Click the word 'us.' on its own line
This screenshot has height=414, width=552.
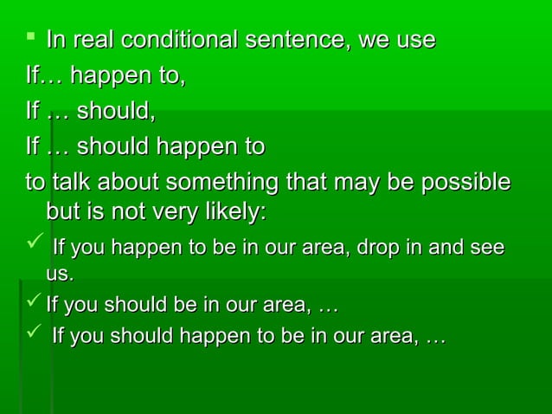pyautogui.click(x=60, y=275)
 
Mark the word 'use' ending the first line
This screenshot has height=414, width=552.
pyautogui.click(x=414, y=41)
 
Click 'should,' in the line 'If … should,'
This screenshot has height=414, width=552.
pyautogui.click(x=118, y=112)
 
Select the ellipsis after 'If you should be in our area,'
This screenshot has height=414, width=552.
pyautogui.click(x=329, y=305)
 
